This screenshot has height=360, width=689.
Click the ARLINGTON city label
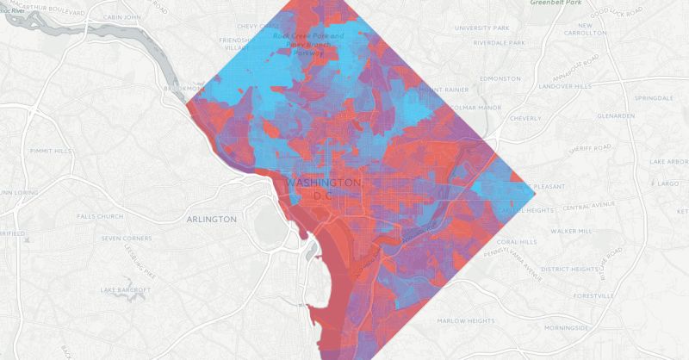[211, 220]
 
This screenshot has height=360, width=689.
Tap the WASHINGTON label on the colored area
[323, 183]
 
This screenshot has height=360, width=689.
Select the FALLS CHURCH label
[100, 216]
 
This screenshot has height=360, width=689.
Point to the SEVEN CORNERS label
[127, 239]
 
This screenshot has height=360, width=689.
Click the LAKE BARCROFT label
[126, 289]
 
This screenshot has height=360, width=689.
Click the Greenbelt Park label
[556, 3]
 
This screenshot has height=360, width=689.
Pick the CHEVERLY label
[525, 118]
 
